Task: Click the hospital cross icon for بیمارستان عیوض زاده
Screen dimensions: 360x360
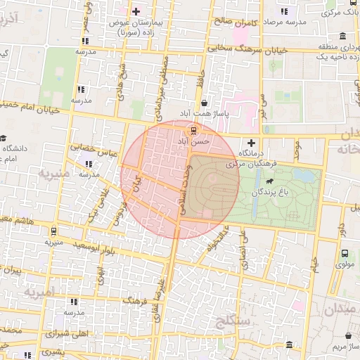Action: (x=136, y=11)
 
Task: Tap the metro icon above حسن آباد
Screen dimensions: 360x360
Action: (x=194, y=131)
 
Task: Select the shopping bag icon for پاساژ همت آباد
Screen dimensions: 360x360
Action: (x=204, y=103)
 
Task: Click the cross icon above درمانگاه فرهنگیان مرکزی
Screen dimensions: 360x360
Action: (x=252, y=143)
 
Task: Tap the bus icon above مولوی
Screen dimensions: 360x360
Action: (x=345, y=254)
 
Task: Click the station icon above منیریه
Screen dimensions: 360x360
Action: (x=53, y=230)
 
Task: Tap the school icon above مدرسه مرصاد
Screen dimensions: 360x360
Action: (x=284, y=11)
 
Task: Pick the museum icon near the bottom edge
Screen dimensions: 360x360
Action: (x=290, y=344)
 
